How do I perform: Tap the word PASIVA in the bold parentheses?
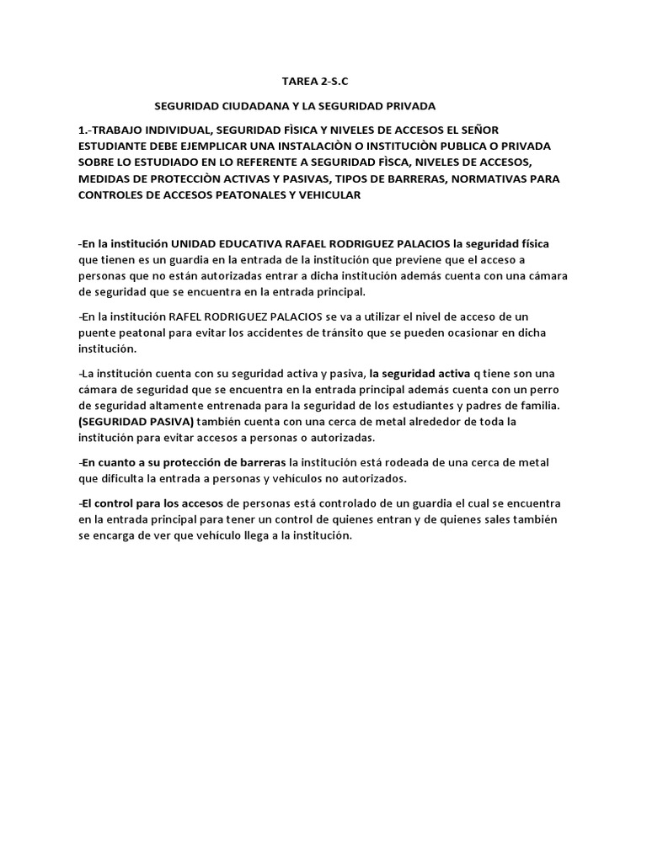click(167, 421)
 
